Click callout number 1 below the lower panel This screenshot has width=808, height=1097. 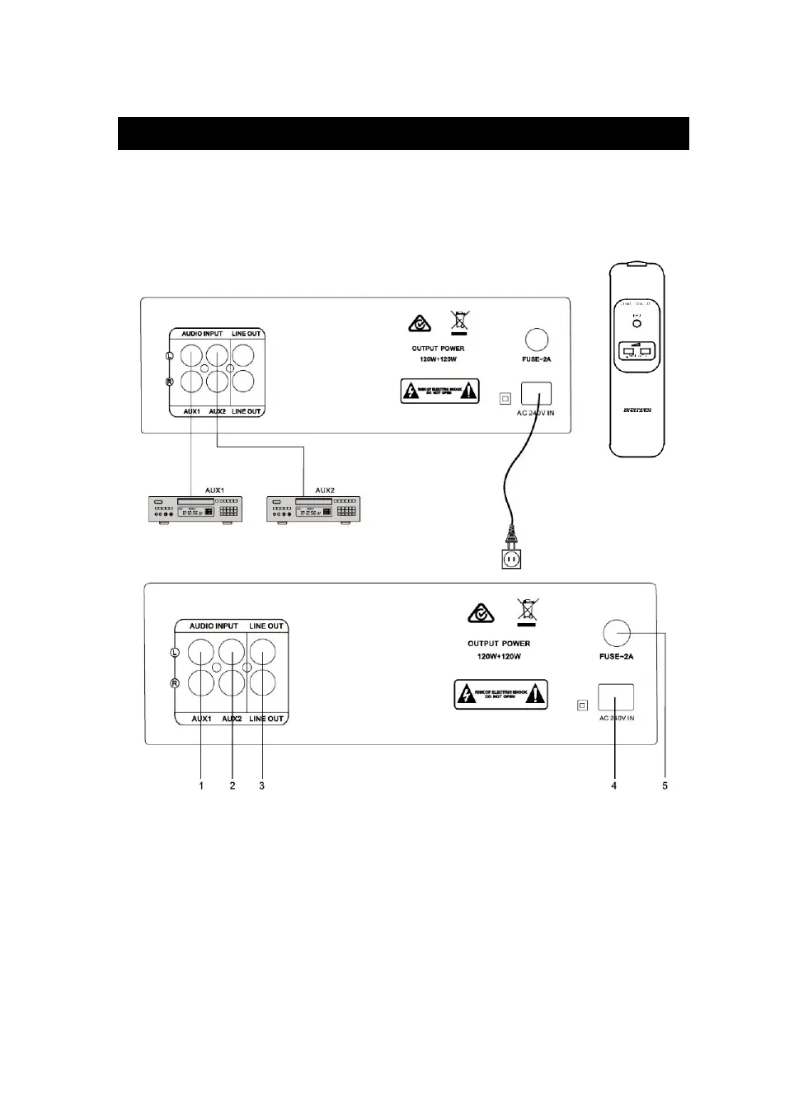click(201, 785)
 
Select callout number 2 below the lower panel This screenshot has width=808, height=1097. click(233, 785)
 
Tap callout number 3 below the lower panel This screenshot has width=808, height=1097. click(262, 785)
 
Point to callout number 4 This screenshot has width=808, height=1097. click(613, 785)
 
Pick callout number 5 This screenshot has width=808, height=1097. click(665, 785)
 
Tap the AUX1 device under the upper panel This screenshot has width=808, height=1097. click(194, 510)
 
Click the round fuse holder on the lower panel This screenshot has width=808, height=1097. click(617, 633)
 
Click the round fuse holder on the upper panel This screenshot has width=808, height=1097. click(537, 340)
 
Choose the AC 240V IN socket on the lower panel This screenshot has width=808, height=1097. click(616, 697)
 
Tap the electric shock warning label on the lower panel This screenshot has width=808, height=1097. click(500, 695)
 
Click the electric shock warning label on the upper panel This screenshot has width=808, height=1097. click(440, 391)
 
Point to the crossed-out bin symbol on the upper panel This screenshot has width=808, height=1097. click(459, 322)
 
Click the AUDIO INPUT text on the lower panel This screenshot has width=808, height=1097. click(214, 626)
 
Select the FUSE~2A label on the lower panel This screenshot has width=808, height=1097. click(617, 657)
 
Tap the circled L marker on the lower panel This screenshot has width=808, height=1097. click(175, 654)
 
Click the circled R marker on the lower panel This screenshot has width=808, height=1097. click(175, 682)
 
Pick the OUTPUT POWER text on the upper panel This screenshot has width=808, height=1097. click(438, 349)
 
